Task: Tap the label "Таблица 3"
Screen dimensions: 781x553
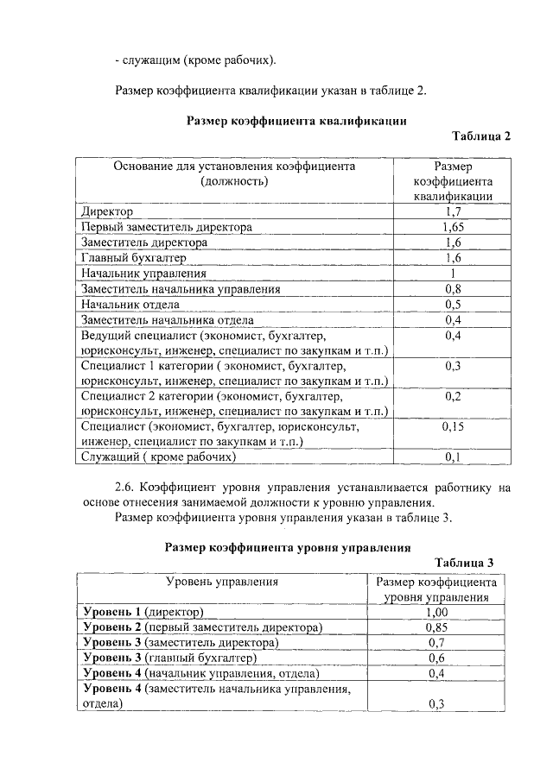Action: click(464, 563)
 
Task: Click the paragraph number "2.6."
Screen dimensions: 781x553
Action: click(126, 488)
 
